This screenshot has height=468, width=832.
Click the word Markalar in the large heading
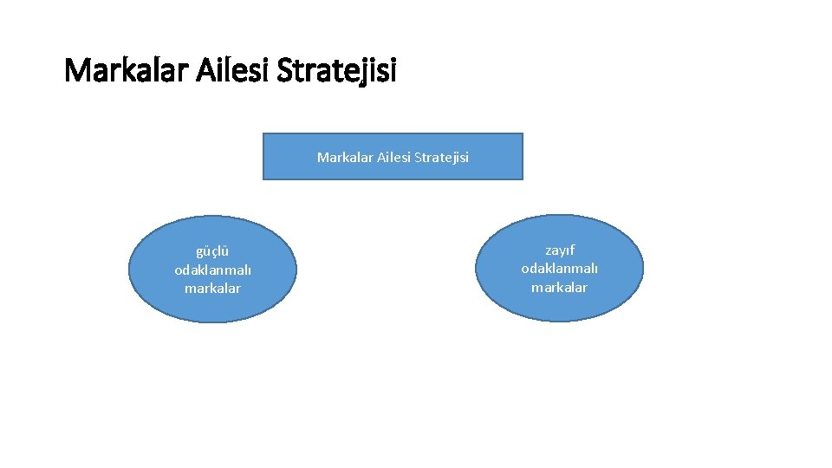[120, 70]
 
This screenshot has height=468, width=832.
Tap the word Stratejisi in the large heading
[337, 70]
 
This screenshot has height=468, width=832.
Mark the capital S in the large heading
[286, 70]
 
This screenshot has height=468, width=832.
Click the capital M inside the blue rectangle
[322, 157]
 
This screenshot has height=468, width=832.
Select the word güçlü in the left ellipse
[212, 251]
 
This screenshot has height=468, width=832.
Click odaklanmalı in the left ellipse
[212, 270]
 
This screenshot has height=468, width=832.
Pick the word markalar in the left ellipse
[212, 288]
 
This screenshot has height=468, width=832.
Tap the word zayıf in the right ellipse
[559, 250]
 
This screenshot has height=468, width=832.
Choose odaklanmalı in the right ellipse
[559, 269]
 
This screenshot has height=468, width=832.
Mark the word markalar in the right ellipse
[559, 287]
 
